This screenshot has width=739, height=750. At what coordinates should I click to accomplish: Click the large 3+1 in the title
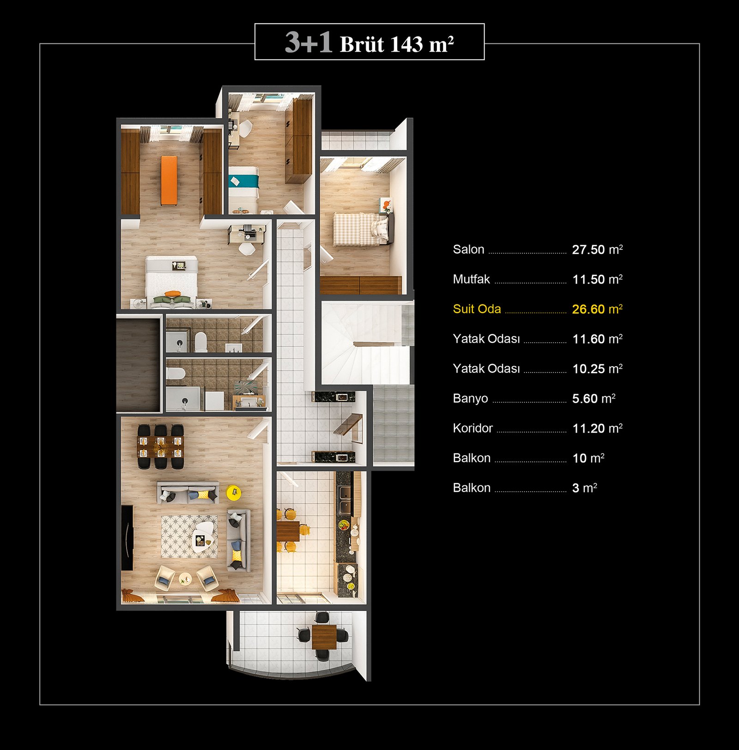[308, 42]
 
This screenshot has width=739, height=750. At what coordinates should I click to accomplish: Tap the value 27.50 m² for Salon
[597, 249]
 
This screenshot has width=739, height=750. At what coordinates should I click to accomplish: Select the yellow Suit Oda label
[477, 309]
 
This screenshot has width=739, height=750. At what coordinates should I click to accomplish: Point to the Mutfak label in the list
[471, 279]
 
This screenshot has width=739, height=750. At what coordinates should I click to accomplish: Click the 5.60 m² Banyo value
[594, 398]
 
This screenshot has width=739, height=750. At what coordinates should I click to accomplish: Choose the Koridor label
[472, 428]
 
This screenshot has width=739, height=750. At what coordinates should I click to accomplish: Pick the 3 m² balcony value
[584, 488]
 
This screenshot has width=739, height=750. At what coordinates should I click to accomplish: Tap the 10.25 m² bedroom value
[597, 369]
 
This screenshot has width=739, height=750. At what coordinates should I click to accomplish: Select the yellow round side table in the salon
[234, 492]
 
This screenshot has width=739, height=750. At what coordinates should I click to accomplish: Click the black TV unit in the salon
[127, 538]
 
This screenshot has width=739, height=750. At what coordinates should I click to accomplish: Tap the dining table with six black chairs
[160, 447]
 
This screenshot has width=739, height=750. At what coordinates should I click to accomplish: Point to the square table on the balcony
[323, 636]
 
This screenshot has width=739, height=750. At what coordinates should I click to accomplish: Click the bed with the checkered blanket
[362, 229]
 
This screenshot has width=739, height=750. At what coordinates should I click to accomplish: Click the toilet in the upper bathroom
[200, 342]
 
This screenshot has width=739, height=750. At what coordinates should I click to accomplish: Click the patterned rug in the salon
[189, 537]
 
